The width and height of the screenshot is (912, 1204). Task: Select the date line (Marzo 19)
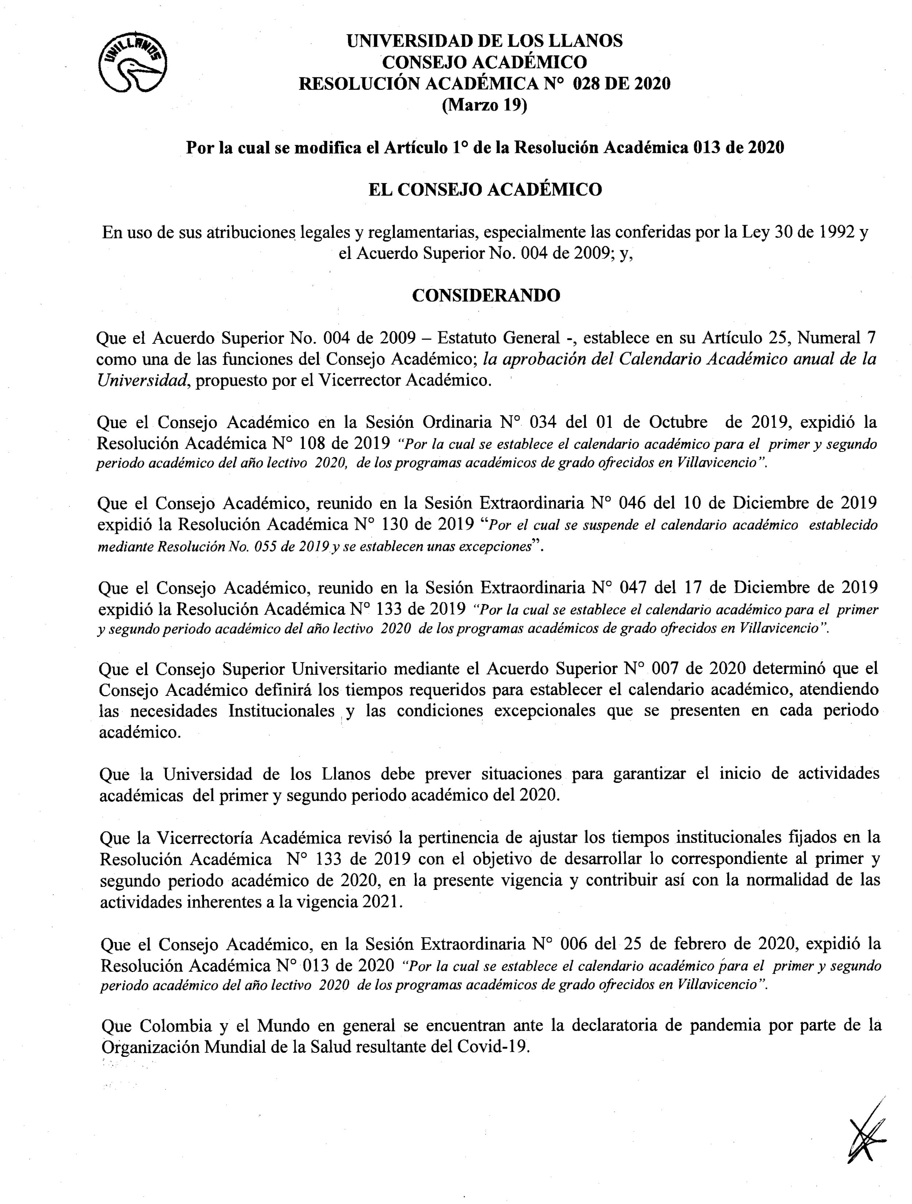484,106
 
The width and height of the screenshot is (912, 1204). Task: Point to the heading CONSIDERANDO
486,295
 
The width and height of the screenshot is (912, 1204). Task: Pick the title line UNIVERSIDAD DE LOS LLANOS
484,41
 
